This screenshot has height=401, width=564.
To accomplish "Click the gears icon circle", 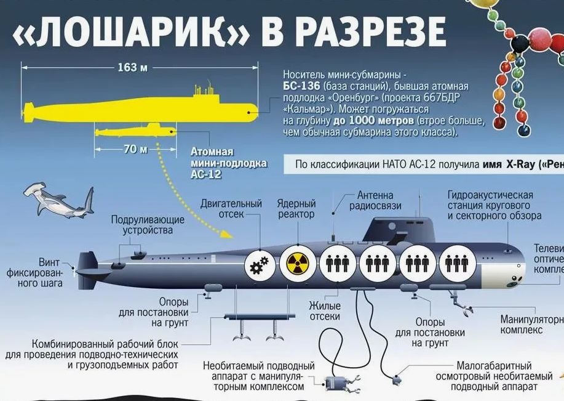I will (x=258, y=265).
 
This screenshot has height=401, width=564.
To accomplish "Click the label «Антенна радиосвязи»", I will (x=375, y=201).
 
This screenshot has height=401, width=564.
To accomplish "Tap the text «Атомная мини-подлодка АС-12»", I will (x=220, y=163).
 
